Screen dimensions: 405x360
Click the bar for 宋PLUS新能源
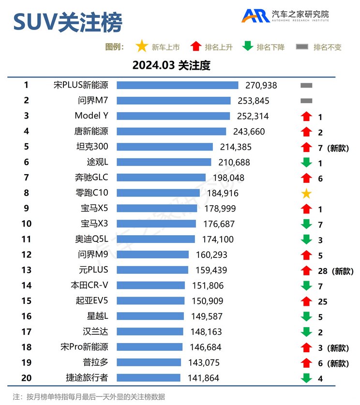pos(177,85)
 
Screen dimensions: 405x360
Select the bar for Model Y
pos(173,116)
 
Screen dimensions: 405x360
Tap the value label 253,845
pos(254,101)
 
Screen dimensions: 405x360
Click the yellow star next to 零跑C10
pos(306,194)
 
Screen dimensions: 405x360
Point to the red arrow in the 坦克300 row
pos(306,147)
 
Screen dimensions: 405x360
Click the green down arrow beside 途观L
pos(306,163)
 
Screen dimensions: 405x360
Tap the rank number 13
pos(26,270)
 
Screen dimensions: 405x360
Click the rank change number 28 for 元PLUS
pos(323,271)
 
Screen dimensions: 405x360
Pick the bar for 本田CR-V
pos(150,285)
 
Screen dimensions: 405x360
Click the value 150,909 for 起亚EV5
pos(208,301)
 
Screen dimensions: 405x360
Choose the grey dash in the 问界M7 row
pos(306,101)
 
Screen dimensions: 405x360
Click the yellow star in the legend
pos(141,46)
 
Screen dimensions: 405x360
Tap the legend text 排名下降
pos(270,47)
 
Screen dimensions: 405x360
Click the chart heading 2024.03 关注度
pos(171,65)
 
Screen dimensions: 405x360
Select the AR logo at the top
pos(256,15)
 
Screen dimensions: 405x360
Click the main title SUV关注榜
pos(68,22)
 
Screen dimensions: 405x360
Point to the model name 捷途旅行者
pos(87,377)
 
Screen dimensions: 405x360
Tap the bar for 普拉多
pos(149,362)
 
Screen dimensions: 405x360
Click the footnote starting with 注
pos(89,397)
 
